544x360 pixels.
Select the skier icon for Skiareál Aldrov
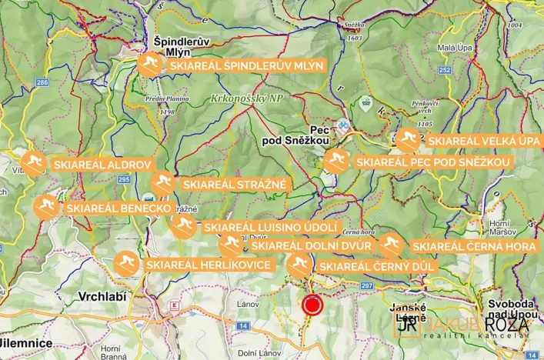coord(33,164)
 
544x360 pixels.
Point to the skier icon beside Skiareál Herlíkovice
coord(126,264)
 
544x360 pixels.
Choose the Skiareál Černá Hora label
coord(475,246)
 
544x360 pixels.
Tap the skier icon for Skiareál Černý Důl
coord(299,266)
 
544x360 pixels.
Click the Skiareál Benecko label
coord(117,208)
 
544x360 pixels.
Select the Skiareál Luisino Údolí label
coord(270,228)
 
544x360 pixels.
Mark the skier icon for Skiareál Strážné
coord(162,184)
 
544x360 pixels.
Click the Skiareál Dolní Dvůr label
coord(311,246)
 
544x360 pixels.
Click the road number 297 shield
coord(366,286)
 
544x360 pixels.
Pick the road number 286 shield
coord(42,82)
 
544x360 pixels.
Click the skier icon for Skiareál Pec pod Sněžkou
coord(335,162)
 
